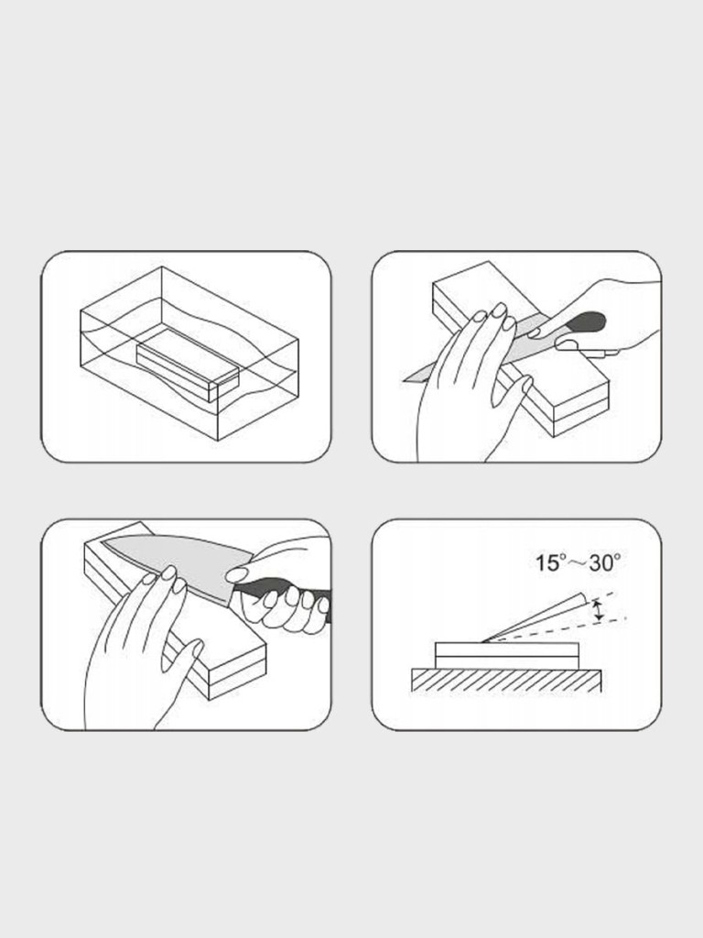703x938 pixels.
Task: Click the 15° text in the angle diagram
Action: click(550, 563)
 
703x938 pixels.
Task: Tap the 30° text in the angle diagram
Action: click(604, 563)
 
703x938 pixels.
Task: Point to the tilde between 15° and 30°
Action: click(577, 564)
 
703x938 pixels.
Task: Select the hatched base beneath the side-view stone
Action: click(506, 681)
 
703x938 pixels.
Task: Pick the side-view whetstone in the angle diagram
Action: click(507, 656)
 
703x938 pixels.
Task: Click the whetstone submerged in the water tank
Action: click(188, 365)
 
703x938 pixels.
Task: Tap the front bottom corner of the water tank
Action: click(218, 441)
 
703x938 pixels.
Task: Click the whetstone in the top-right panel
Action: click(521, 348)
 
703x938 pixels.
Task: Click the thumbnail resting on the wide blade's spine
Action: click(237, 575)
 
